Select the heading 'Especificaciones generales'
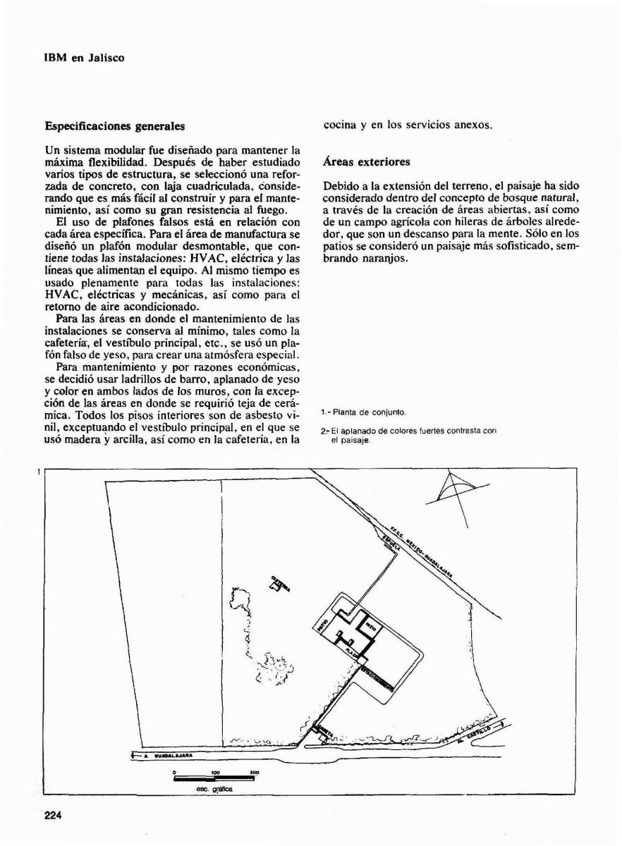[114, 127]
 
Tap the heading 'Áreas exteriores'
[366, 162]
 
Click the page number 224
[54, 816]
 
